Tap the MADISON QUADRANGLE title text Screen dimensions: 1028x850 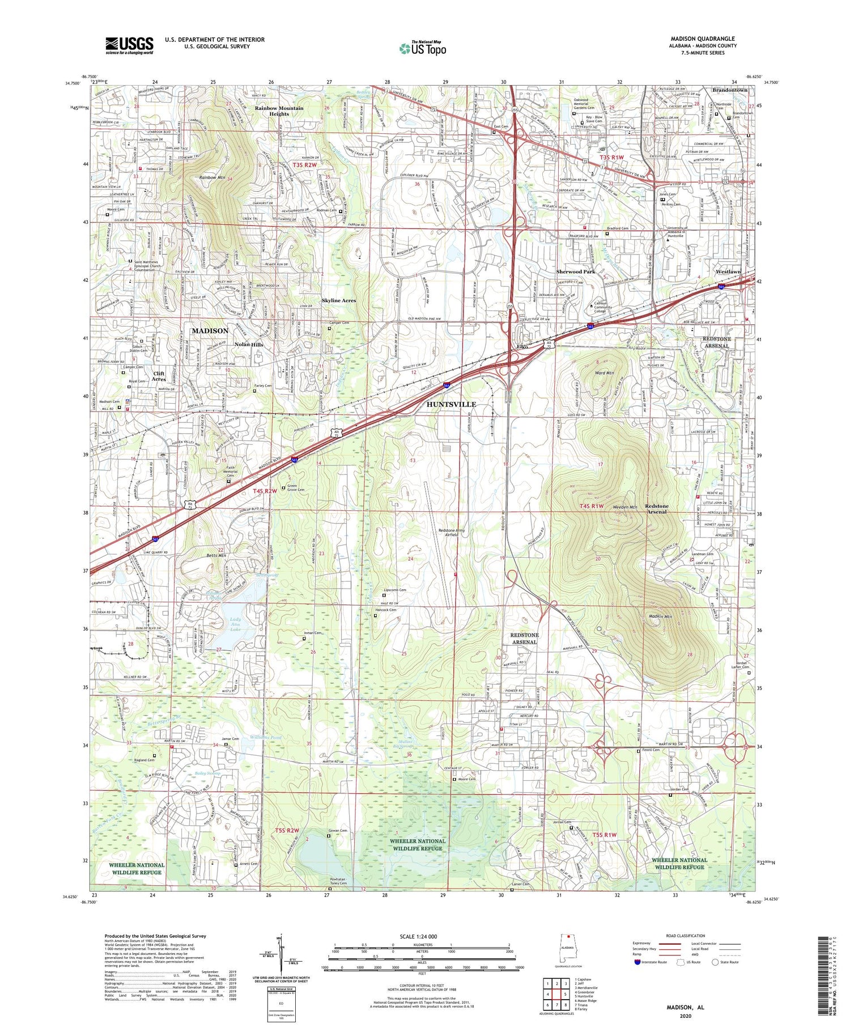[x=702, y=39]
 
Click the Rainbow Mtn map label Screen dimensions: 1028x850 [x=212, y=177]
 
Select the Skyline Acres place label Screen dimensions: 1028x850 [x=339, y=301]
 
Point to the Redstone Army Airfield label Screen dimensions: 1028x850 [x=452, y=532]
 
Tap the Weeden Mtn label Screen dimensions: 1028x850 [x=625, y=507]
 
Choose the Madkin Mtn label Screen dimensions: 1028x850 [x=660, y=616]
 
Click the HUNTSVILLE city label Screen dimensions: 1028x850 [x=451, y=404]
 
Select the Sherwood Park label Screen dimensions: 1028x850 [x=575, y=272]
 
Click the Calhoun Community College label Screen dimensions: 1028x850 [x=603, y=307]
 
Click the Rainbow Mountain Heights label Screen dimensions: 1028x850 [x=279, y=111]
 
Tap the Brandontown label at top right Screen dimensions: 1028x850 [x=730, y=90]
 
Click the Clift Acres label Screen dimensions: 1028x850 [x=159, y=376]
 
